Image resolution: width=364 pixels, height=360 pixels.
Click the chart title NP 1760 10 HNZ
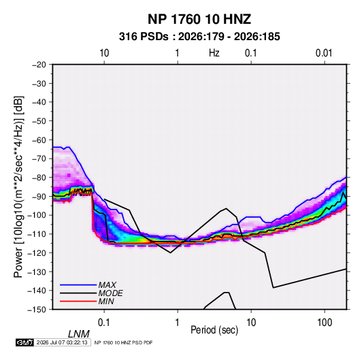click(199, 19)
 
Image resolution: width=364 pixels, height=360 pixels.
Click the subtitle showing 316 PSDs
click(199, 37)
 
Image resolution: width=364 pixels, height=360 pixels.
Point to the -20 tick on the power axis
click(39, 65)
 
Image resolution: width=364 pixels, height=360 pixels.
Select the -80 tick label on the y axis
click(39, 178)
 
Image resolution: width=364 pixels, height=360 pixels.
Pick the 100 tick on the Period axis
click(325, 323)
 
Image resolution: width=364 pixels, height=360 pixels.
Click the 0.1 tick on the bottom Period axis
click(104, 323)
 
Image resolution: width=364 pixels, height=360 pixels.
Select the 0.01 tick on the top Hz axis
click(324, 53)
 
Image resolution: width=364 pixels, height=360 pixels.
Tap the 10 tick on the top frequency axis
click(104, 53)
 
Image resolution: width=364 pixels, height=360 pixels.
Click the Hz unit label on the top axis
click(214, 53)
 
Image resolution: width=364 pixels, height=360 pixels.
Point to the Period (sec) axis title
click(214, 330)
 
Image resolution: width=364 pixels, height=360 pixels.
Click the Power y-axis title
click(18, 187)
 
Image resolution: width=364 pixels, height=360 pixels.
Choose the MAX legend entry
click(107, 284)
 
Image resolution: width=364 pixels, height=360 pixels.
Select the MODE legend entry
click(110, 293)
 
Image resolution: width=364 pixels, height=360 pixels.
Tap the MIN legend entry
click(106, 301)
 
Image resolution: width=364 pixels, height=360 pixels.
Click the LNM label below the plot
click(78, 334)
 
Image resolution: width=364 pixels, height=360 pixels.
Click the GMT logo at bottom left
click(25, 342)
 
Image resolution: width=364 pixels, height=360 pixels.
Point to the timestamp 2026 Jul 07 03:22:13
click(62, 342)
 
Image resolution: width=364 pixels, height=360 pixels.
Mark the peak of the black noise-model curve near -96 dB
click(227, 208)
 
